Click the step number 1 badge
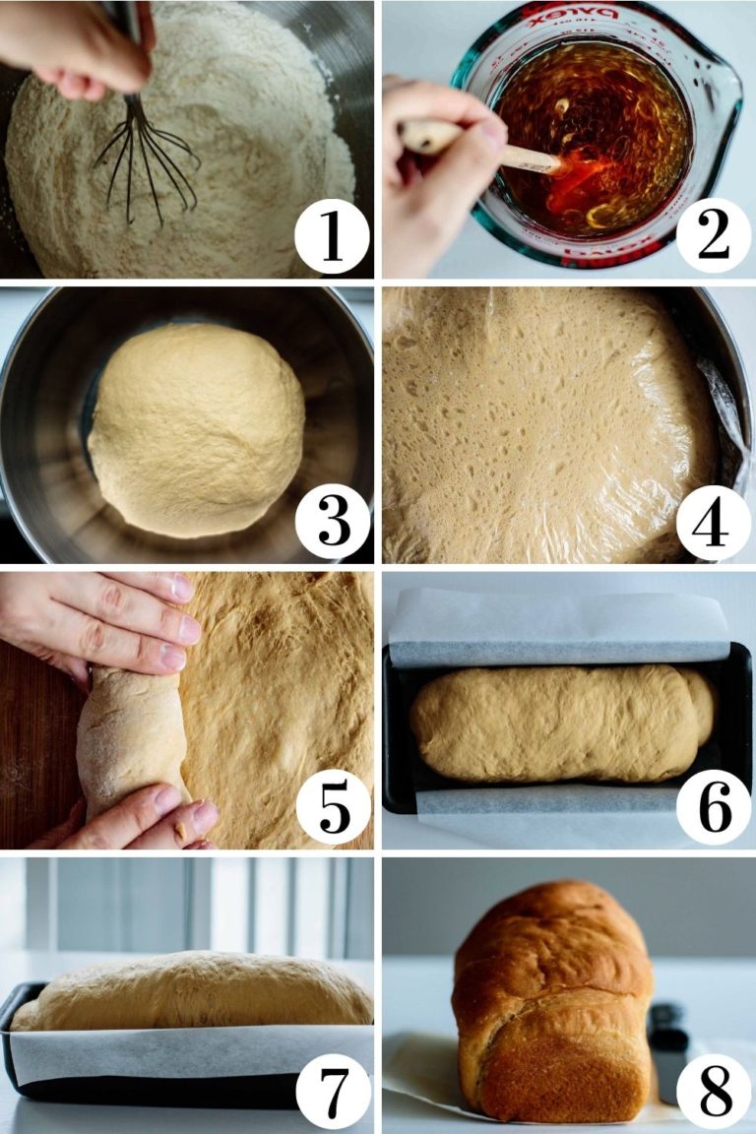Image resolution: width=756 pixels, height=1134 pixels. pyautogui.click(x=332, y=236)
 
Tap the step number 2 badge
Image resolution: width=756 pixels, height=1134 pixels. pyautogui.click(x=713, y=236)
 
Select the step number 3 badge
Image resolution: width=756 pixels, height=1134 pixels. pyautogui.click(x=333, y=522)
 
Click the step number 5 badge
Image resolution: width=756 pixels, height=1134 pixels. pyautogui.click(x=333, y=805)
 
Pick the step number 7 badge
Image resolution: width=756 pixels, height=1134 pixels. pyautogui.click(x=333, y=1092)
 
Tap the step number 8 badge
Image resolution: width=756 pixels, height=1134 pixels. pyautogui.click(x=713, y=1092)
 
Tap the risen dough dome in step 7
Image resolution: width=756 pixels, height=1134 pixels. pyautogui.click(x=192, y=991)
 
